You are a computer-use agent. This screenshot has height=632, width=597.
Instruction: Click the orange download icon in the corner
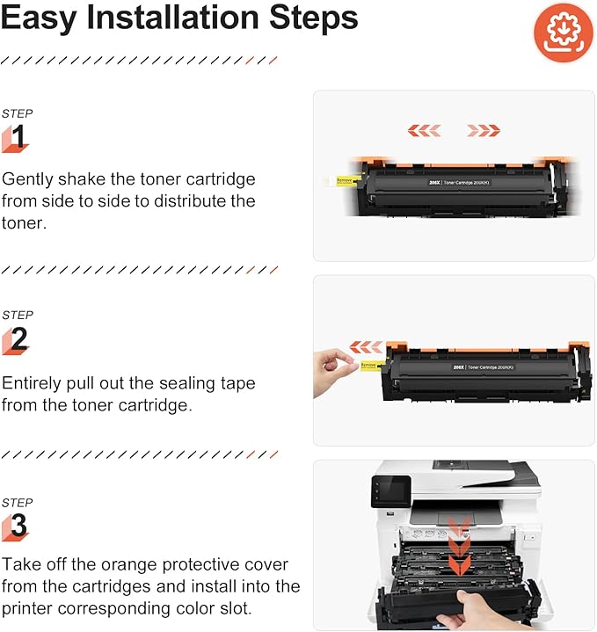pos(557,33)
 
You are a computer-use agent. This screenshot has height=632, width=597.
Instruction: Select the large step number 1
pos(18,137)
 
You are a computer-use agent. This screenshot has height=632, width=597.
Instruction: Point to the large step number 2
pos(18,339)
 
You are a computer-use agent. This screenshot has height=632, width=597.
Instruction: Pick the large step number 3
pos(18,527)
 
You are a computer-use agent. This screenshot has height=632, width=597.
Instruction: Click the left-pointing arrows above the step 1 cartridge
pos(424,130)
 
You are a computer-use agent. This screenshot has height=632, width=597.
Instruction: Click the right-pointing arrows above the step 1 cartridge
pos(484,130)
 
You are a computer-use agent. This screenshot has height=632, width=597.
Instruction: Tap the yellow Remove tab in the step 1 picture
pos(344,180)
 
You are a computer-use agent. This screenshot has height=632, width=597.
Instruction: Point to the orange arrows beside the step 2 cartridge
pos(367,347)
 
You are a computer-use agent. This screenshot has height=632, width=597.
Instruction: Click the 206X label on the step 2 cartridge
pos(458,367)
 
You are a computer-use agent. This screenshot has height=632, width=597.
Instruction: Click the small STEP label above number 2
pos(17,315)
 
